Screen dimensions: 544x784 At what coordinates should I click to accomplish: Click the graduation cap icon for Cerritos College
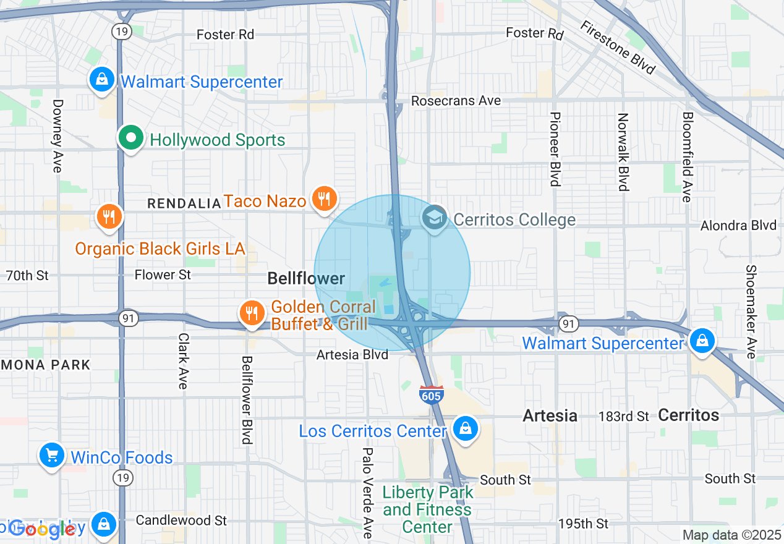click(435, 218)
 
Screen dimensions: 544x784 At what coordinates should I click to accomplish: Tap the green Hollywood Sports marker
click(131, 137)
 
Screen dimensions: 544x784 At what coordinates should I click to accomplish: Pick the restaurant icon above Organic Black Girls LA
click(109, 216)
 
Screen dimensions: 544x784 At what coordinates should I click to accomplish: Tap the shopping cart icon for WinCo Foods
click(51, 456)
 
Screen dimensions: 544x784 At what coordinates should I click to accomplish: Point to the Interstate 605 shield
click(431, 394)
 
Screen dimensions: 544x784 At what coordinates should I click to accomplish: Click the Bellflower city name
click(306, 279)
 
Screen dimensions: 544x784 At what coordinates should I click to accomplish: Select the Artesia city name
click(550, 415)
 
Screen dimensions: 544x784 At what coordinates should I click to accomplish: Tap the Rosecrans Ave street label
click(456, 100)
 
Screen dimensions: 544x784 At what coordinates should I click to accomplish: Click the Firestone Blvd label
click(617, 47)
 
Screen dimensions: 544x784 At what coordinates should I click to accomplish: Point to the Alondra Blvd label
click(738, 226)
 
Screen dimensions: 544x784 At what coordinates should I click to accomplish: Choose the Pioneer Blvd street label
click(555, 148)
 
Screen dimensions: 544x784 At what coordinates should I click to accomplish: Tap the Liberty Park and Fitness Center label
click(427, 509)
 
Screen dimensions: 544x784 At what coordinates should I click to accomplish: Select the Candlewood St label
click(181, 520)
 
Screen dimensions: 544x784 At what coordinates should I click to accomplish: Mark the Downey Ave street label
click(58, 136)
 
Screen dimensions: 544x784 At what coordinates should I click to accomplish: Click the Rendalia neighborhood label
click(184, 203)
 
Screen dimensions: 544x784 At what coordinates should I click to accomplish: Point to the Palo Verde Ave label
click(367, 492)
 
